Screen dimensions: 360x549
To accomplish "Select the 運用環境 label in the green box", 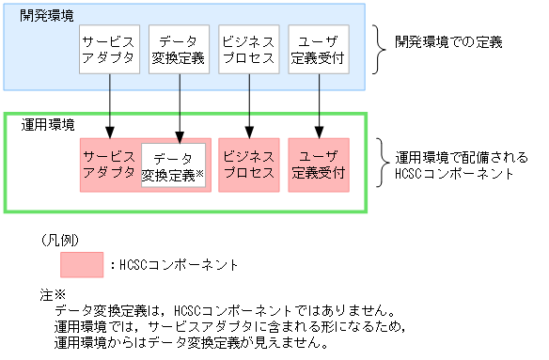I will (48, 124).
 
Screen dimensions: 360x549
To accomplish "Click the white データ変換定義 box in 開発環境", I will (178, 51).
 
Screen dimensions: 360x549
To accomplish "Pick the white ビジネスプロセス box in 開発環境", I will (248, 51).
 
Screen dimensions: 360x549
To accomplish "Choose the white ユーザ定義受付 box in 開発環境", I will (320, 51).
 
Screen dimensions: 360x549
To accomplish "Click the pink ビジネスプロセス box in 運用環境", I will (248, 164).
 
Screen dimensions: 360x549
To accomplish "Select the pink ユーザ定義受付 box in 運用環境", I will (320, 164).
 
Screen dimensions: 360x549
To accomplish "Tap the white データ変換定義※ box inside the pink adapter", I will (174, 165).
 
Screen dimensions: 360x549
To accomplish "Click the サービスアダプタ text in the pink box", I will (109, 164).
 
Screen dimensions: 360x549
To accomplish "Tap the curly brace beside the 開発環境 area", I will (380, 48).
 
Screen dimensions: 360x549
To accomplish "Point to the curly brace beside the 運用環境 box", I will (380, 164).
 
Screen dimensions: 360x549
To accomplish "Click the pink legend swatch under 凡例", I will (81, 265).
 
